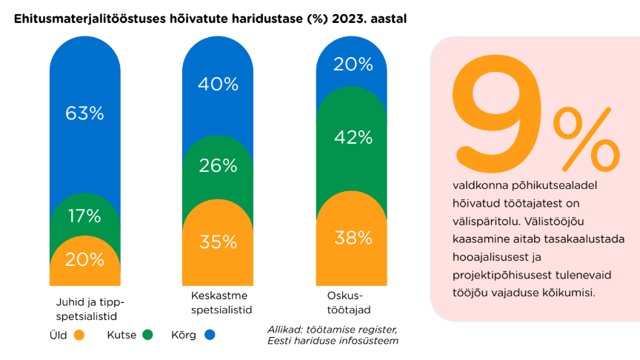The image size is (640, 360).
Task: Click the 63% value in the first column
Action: pos(84,113)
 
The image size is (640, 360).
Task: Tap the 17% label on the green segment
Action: pos(84,216)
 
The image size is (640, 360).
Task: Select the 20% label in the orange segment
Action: pos(84,259)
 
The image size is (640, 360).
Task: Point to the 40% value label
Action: pos(218,84)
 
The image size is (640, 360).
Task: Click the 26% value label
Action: pos(218,165)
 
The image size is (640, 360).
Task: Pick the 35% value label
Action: pos(218,241)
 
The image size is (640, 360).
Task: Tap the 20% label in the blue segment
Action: pos(353,64)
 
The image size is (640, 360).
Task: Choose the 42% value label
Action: pos(353,137)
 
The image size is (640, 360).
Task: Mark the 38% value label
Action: pos(353,238)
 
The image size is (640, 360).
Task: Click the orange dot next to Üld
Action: pos(79,335)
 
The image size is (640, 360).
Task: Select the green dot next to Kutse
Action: pos(147,335)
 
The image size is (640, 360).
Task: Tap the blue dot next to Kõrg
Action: pos(210,335)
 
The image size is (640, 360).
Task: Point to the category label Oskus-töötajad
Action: pos(343,302)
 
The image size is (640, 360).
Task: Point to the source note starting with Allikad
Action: pos(333,334)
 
